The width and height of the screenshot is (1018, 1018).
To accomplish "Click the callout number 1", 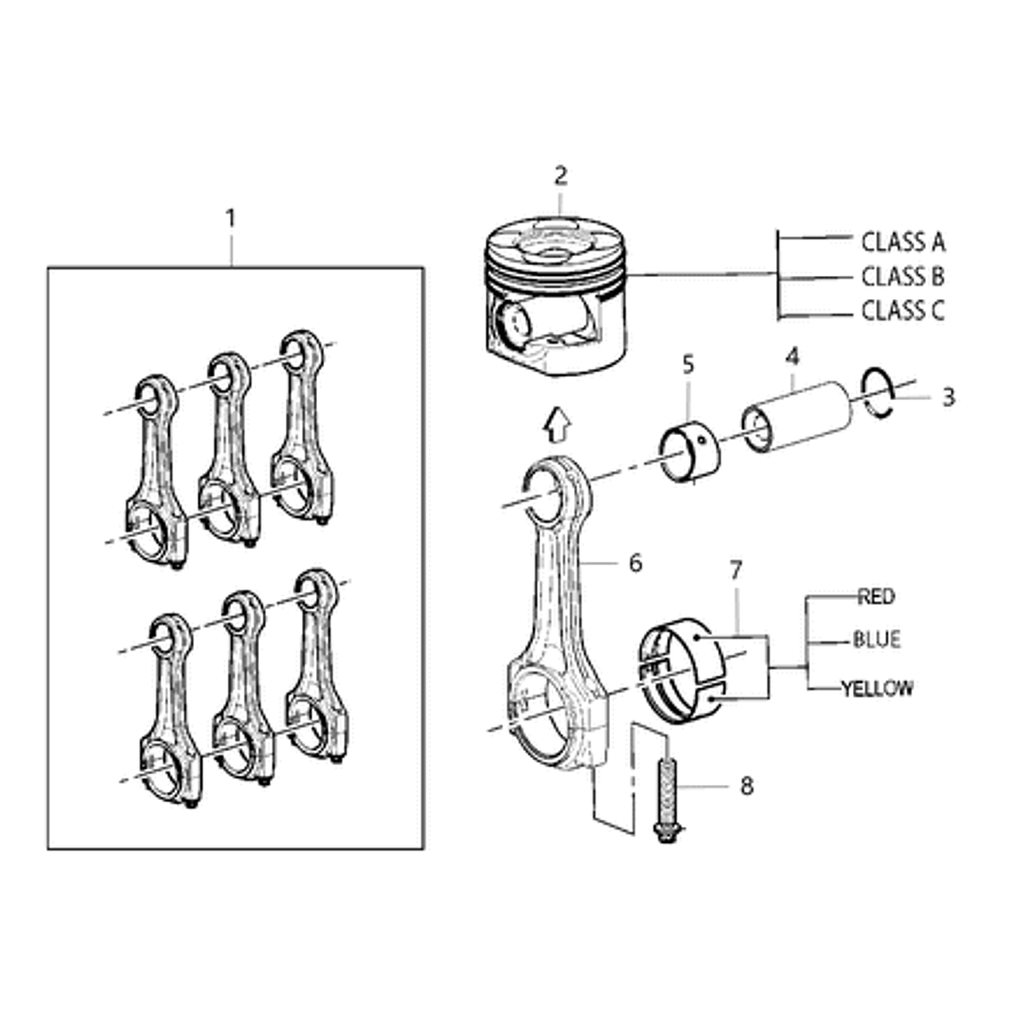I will tap(230, 218).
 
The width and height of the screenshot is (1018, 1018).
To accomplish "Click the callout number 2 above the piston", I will tap(560, 175).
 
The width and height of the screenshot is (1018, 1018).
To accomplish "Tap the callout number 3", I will tap(947, 396).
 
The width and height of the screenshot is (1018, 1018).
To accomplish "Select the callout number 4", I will tap(792, 358).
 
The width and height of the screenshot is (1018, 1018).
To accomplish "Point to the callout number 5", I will tap(688, 364).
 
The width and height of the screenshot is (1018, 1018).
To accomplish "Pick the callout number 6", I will tap(635, 563).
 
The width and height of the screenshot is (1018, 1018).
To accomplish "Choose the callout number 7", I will tap(736, 569).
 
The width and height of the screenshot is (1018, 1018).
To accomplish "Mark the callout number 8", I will tap(747, 786).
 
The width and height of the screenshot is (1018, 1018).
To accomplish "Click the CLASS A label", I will tap(902, 242).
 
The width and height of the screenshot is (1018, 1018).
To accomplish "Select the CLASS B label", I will tap(902, 276).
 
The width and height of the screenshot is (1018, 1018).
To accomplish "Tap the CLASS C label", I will tap(902, 311).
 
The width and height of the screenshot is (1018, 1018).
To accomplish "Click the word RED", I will tap(875, 597).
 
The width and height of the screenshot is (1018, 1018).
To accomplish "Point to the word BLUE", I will tap(876, 639).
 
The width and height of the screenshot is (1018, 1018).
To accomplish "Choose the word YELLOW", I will tap(877, 688).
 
